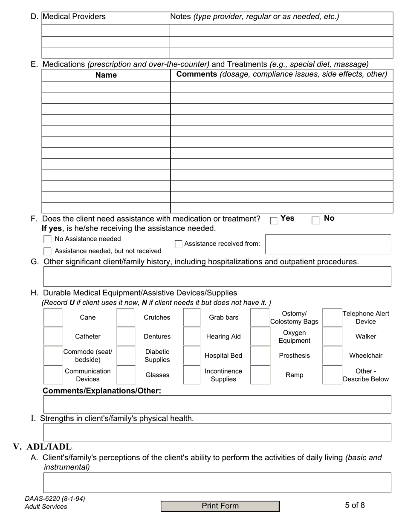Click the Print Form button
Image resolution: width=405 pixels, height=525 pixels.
point(220,506)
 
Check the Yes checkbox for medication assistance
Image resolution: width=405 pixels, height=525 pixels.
point(274,221)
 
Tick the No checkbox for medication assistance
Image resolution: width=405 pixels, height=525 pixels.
point(315,221)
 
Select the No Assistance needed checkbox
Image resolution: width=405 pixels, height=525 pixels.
point(48,239)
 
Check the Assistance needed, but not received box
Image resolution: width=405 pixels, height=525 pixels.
point(48,251)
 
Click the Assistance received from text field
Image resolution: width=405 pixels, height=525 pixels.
point(328,244)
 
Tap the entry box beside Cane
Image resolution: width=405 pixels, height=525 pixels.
point(53,318)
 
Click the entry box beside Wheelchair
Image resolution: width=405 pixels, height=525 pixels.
point(332,356)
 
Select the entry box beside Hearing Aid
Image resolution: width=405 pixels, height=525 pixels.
point(192,336)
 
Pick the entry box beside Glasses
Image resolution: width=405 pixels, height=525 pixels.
point(126,375)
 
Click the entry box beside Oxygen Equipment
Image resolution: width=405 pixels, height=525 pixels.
point(260,336)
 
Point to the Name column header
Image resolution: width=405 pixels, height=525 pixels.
point(106,75)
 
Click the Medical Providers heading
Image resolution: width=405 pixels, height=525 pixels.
point(74,17)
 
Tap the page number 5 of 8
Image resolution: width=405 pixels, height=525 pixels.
point(355,505)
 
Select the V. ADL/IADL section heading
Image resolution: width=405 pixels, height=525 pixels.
point(43,447)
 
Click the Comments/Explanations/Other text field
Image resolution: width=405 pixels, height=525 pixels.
point(217,404)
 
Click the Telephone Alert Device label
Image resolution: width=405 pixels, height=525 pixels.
point(366,318)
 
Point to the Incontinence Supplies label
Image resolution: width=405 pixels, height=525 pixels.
point(223,375)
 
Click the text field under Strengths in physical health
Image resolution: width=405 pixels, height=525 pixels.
point(217,432)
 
